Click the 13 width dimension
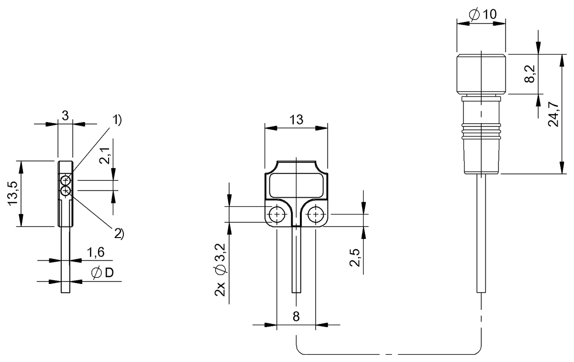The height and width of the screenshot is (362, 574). pyautogui.click(x=296, y=120)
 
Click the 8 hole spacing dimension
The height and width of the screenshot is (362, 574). pyautogui.click(x=296, y=316)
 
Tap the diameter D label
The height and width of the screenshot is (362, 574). pyautogui.click(x=102, y=273)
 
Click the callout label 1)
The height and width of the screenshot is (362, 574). pyautogui.click(x=117, y=120)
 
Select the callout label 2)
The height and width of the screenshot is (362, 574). pyautogui.click(x=118, y=234)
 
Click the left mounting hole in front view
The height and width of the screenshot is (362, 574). pyautogui.click(x=277, y=215)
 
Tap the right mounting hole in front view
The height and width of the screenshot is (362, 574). pyautogui.click(x=315, y=215)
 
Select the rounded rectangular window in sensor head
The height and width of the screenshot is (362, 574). pyautogui.click(x=296, y=186)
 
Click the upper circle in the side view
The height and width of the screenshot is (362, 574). pyautogui.click(x=66, y=181)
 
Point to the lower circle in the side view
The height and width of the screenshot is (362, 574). pyautogui.click(x=66, y=191)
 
